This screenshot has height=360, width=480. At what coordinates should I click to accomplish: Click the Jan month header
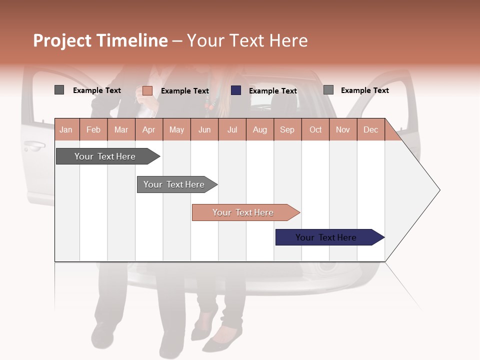[x=66, y=130]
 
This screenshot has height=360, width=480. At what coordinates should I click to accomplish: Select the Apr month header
[x=149, y=130]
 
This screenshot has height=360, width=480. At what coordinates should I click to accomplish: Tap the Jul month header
[x=232, y=130]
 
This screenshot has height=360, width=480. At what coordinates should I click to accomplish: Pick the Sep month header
[x=287, y=130]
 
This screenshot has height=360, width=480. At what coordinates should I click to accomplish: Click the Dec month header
[x=370, y=130]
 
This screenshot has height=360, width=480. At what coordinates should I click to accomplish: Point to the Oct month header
[x=315, y=130]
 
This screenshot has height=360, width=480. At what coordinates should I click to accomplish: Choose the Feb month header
[x=93, y=130]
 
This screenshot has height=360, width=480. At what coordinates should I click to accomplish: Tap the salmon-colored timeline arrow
[x=244, y=212]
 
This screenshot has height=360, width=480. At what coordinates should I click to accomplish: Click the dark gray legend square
[x=59, y=90]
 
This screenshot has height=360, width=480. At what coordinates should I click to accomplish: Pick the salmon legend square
[x=147, y=90]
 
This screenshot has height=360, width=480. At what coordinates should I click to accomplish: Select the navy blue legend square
[x=236, y=90]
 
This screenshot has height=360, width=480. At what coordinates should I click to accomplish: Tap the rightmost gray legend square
[x=328, y=90]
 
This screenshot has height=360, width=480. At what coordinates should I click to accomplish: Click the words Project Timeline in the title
[x=100, y=40]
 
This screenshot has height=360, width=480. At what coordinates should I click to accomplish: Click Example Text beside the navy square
[x=272, y=91]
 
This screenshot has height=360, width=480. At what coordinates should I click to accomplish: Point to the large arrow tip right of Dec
[x=425, y=190]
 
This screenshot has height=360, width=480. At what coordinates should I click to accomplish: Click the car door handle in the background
[x=34, y=146]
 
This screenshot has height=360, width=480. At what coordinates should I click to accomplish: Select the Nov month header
[x=343, y=130]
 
